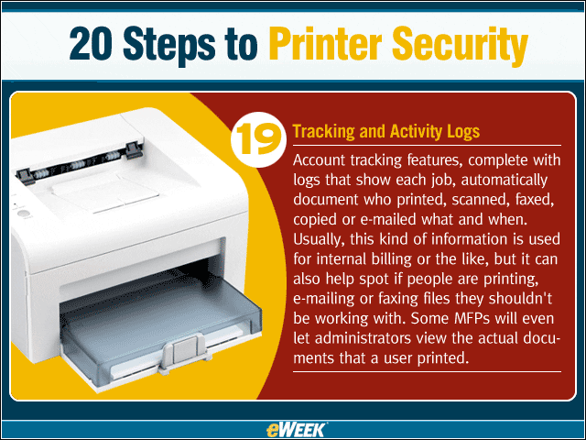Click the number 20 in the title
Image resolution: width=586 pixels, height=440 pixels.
click(91, 44)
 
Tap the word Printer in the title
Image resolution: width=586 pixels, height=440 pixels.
click(325, 44)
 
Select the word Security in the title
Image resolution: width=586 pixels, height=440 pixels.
click(460, 47)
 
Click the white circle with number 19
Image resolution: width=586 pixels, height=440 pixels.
click(258, 139)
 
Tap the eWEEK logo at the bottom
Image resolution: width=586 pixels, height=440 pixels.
click(297, 430)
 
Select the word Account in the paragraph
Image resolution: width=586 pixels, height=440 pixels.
click(319, 160)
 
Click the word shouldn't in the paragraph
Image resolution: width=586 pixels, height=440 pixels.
click(520, 299)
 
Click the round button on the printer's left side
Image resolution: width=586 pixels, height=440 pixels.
click(24, 214)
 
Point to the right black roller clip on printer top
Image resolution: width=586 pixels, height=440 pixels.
click(134, 149)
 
